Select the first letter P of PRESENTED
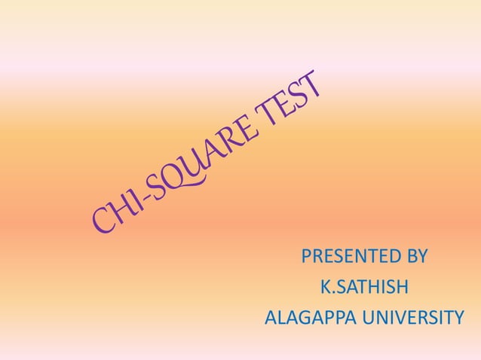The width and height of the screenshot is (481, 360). [x=306, y=257]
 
